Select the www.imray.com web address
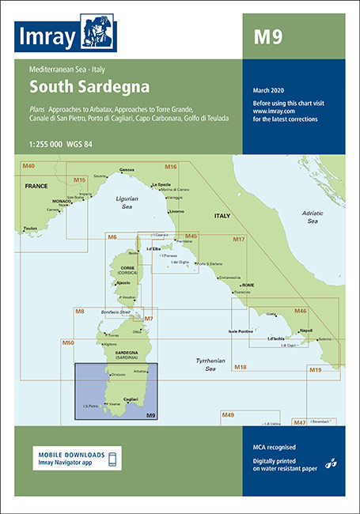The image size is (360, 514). [x=271, y=111]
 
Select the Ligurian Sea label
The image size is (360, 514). [x=114, y=200]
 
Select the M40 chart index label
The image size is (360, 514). [x=28, y=165]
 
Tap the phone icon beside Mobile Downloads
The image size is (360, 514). [x=112, y=459]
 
